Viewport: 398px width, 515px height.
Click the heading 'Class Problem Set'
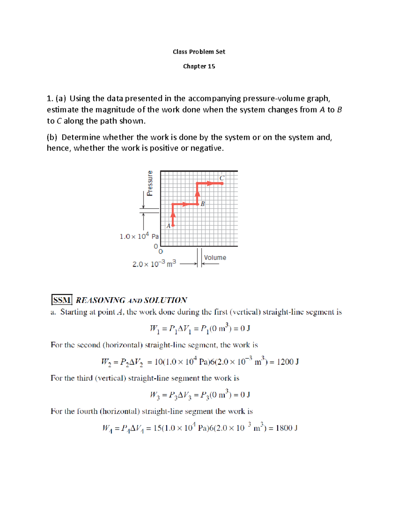199,52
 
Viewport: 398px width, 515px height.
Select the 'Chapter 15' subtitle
199,66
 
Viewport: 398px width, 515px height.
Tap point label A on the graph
168,226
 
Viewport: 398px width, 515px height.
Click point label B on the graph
202,204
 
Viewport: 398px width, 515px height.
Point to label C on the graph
222,178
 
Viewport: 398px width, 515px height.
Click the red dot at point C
222,183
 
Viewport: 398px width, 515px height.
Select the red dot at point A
173,225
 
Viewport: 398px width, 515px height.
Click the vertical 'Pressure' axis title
150,183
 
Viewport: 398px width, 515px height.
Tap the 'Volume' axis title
215,258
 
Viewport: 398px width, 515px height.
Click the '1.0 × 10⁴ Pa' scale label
139,236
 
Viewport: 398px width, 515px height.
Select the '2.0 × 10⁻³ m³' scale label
154,264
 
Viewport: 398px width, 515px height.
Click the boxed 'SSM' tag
62,300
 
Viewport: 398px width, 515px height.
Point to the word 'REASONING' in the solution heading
100,300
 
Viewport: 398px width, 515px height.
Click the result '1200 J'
288,362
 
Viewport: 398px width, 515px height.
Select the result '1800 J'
287,428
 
